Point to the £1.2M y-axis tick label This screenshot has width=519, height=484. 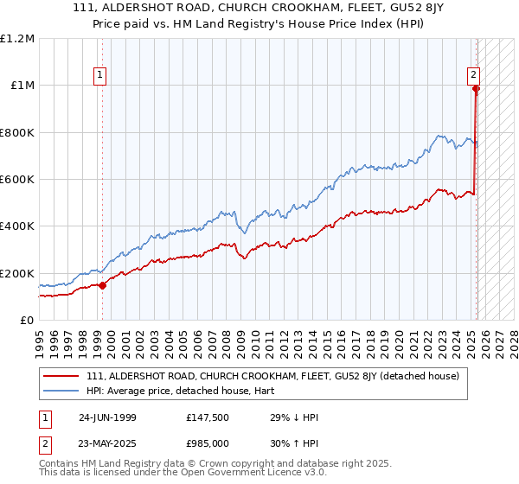[18, 38]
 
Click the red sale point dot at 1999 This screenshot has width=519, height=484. [103, 285]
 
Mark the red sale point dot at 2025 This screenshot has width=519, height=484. [476, 88]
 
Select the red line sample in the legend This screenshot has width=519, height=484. [61, 376]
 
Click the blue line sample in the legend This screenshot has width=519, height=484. [61, 390]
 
